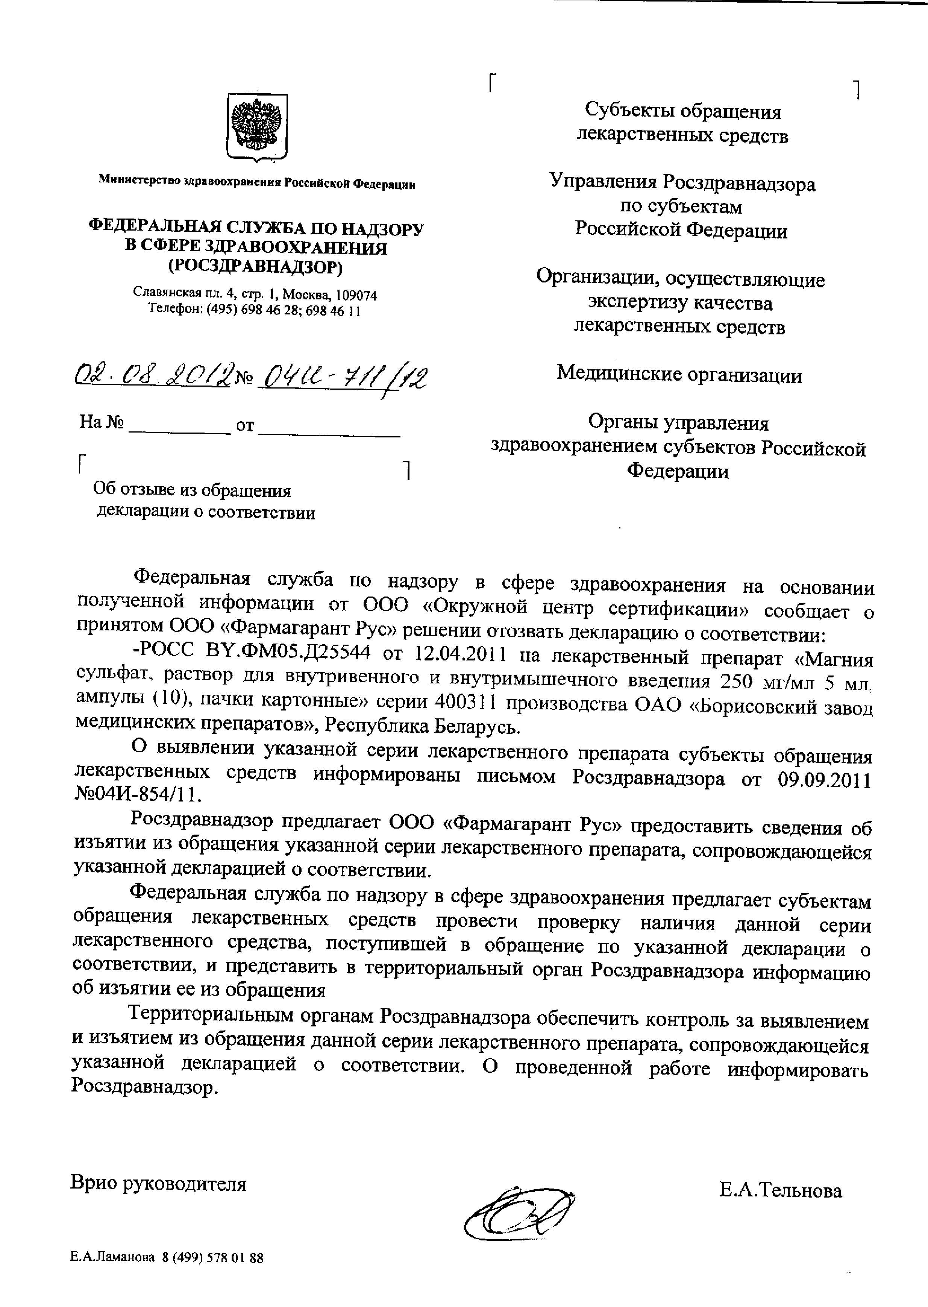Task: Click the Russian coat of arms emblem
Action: pyautogui.click(x=257, y=127)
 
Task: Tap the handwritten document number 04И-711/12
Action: pyautogui.click(x=343, y=378)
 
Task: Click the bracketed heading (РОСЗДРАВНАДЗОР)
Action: pyautogui.click(x=255, y=267)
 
